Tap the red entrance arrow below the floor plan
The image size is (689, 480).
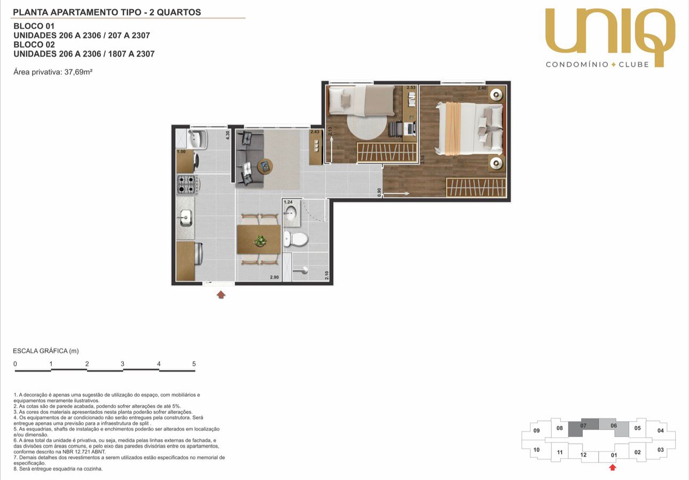click(221, 295)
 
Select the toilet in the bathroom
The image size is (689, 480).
click(295, 238)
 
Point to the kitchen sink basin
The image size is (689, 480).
click(186, 218)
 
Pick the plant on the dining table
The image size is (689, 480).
click(260, 241)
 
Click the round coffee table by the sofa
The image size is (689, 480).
click(265, 167)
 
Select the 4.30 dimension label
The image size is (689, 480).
click(228, 135)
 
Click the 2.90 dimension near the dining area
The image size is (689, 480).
click(275, 277)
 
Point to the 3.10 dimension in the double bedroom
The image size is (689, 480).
click(423, 159)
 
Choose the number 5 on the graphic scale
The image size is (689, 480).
click(194, 363)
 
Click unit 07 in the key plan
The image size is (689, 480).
click(583, 425)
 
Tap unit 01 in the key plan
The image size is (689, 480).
click(614, 455)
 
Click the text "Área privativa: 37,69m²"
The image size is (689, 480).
click(53, 72)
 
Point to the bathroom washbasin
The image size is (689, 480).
click(290, 213)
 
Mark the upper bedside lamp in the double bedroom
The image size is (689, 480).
click(496, 95)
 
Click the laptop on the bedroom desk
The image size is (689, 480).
click(410, 128)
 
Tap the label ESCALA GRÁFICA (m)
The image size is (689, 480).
click(46, 351)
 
